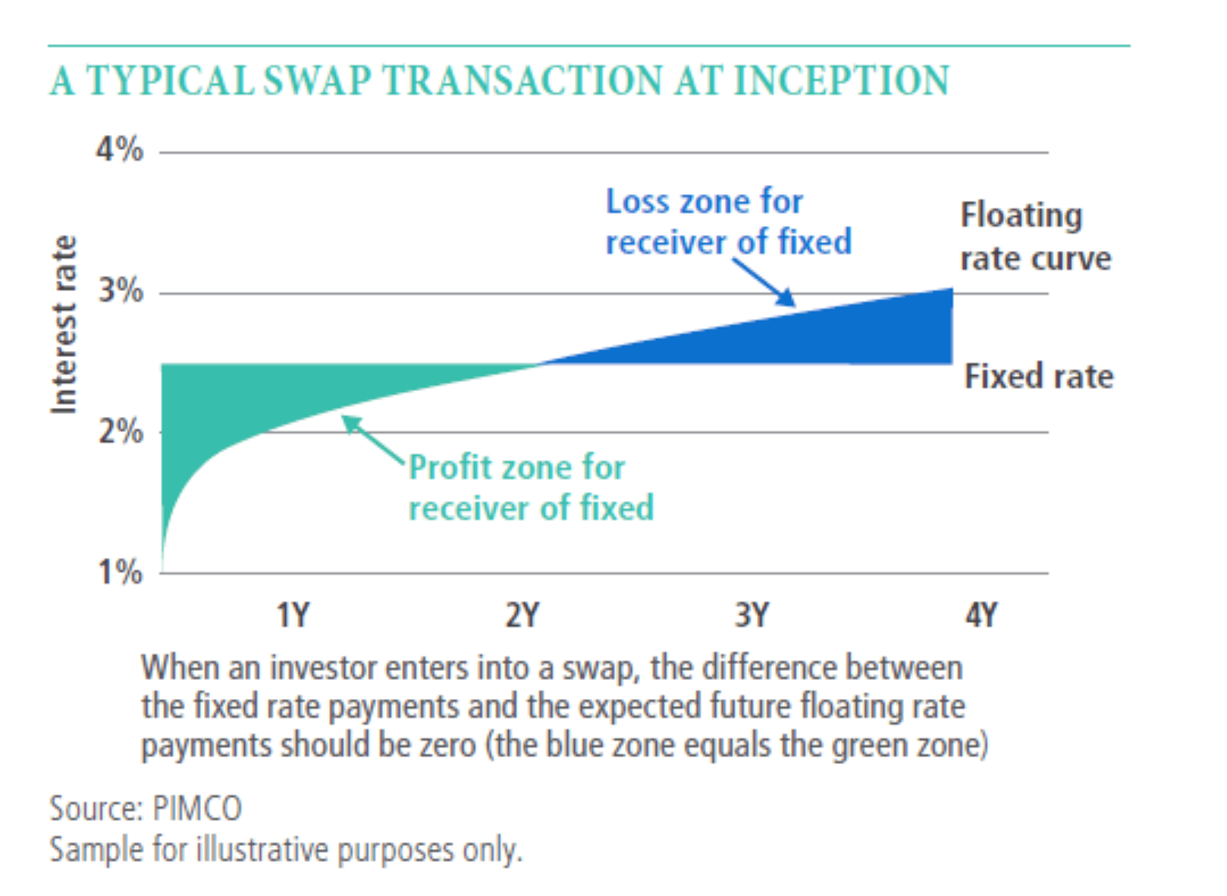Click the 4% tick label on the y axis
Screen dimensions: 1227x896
pyautogui.click(x=119, y=149)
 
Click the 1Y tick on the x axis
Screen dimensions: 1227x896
pyautogui.click(x=293, y=615)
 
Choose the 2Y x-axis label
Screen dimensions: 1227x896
pyautogui.click(x=522, y=615)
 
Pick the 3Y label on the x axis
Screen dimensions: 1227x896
pyautogui.click(x=752, y=615)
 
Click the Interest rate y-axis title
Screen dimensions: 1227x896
pyautogui.click(x=64, y=324)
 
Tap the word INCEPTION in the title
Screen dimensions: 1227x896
pyautogui.click(x=841, y=81)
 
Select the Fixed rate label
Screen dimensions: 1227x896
pyautogui.click(x=1039, y=376)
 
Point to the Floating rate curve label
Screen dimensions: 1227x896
pyautogui.click(x=1035, y=237)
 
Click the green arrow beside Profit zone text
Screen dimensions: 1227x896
pyautogui.click(x=372, y=439)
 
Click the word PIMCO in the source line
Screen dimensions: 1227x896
pyautogui.click(x=196, y=808)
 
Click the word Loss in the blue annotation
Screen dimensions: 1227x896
pyautogui.click(x=639, y=202)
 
